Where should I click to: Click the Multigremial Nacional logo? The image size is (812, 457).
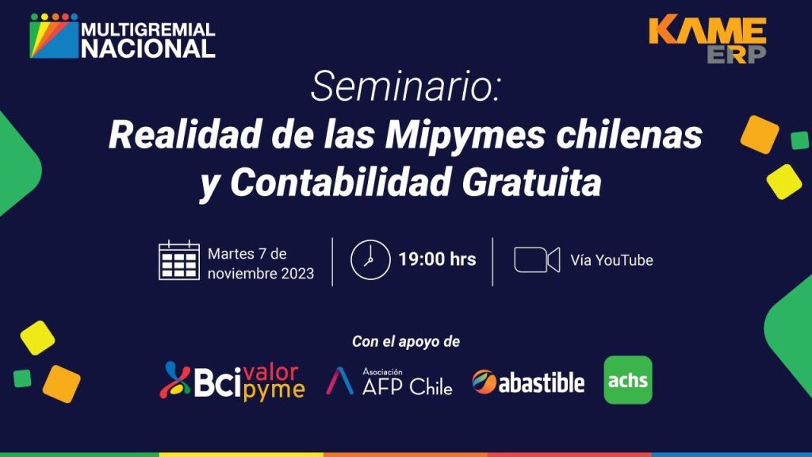122,36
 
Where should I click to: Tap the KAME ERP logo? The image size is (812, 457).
707,40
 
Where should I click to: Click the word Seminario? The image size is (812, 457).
405,86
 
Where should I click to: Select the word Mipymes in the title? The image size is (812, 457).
465,135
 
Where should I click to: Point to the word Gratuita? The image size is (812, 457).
531,182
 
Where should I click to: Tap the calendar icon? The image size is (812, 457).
179,260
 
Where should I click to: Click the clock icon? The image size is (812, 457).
370,259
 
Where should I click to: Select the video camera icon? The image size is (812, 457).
537,259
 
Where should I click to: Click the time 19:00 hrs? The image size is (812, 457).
437,259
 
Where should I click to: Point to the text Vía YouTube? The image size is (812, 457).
611,260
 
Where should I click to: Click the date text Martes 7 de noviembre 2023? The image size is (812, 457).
260,263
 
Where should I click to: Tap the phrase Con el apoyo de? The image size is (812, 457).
406,341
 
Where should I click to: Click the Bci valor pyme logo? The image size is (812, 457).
232,382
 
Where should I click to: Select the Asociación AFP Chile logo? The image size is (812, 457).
389,382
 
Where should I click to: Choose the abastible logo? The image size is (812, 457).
528,382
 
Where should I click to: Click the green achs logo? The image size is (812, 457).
628,380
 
